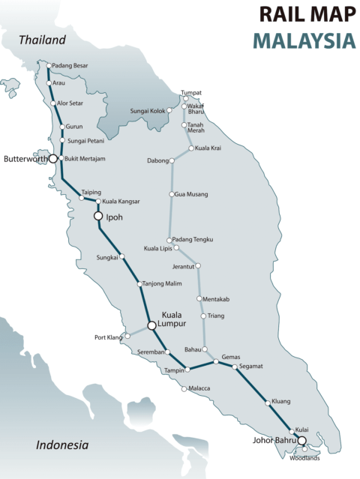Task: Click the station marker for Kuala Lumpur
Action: (151, 325)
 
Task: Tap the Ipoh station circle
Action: (97, 216)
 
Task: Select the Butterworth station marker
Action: (53, 159)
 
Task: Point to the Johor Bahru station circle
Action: (302, 441)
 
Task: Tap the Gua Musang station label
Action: (192, 195)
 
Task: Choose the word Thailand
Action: (43, 40)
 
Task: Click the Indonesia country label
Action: (62, 445)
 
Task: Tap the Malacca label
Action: (200, 388)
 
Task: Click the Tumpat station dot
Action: (185, 98)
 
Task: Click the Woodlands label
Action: (305, 458)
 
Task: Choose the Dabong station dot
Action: (174, 160)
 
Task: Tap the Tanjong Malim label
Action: (163, 284)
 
